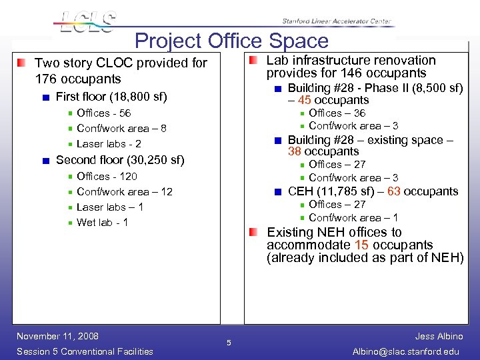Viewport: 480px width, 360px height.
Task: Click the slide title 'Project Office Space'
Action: (231, 41)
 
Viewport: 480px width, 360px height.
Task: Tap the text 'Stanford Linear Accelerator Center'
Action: (336, 21)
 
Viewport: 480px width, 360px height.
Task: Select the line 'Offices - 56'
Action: (103, 113)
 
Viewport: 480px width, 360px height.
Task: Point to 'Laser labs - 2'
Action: (109, 143)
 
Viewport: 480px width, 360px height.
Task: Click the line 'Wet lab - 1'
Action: (103, 222)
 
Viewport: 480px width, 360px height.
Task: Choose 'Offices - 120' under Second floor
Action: (107, 176)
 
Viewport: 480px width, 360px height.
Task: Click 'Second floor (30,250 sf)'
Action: (120, 160)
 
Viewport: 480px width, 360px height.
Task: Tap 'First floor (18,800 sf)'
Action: (111, 97)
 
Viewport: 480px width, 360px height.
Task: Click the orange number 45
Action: (305, 100)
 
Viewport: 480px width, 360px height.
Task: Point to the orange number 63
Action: (393, 191)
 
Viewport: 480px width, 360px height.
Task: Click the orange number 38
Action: (295, 151)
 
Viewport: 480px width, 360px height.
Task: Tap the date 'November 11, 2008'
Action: (57, 336)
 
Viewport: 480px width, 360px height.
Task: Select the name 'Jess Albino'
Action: (439, 336)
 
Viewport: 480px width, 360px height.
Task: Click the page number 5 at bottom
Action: (228, 343)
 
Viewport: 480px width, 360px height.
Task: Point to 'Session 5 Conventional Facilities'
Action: (85, 351)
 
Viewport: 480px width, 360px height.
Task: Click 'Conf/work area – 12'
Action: (124, 191)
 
